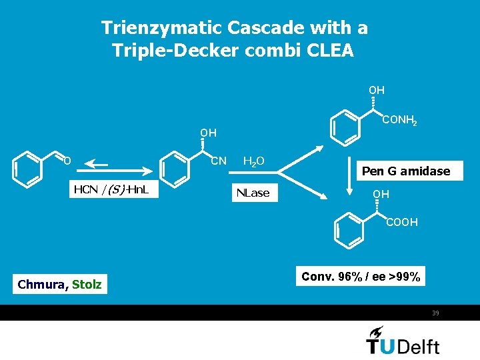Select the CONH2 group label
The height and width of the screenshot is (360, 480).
point(399,121)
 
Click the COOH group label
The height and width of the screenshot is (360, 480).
point(402,222)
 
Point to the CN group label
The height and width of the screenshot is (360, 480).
point(218,161)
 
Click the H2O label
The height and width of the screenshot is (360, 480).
point(253,161)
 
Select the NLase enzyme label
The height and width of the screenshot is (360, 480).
point(253,193)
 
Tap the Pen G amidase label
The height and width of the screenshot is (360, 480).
point(405,171)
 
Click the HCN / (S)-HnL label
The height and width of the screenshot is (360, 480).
point(111,190)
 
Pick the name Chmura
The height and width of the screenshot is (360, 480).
point(41,285)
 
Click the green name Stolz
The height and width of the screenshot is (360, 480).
point(87,285)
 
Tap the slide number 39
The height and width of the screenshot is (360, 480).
point(435,313)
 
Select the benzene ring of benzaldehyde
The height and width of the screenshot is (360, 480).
point(26,169)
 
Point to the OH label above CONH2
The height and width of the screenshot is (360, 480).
point(377,89)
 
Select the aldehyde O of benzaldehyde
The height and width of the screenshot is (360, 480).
point(67,160)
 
